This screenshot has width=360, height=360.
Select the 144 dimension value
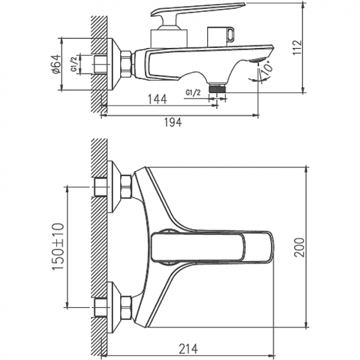click(156, 100)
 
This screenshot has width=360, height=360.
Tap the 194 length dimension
click(172, 122)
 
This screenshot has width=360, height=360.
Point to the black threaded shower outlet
click(218, 90)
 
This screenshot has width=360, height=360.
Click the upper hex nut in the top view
click(126, 187)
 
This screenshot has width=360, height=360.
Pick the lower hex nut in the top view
click(126, 306)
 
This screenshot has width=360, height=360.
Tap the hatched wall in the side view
click(97, 56)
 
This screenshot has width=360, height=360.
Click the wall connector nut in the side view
click(126, 63)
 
